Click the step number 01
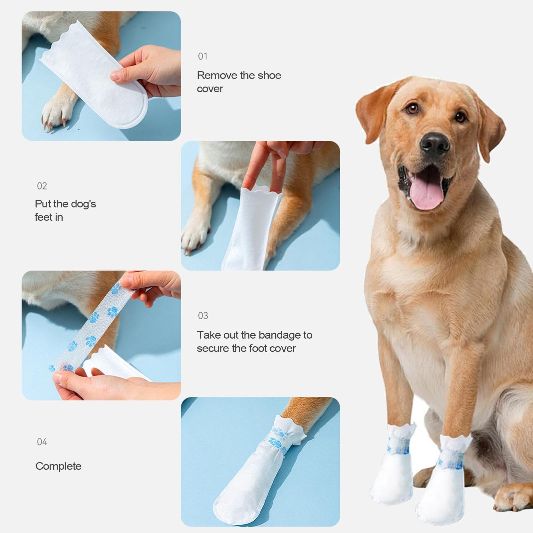202,56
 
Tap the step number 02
42,186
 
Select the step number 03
203,316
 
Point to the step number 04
42,442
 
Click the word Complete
58,466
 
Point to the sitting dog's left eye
460,117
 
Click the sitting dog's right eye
412,108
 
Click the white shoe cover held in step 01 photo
97,77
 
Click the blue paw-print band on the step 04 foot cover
278,439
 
